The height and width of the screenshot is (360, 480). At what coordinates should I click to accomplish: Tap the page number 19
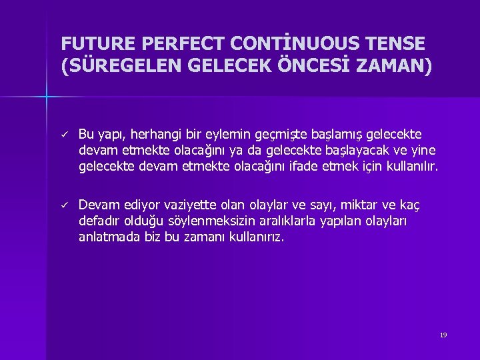pos(443,335)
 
